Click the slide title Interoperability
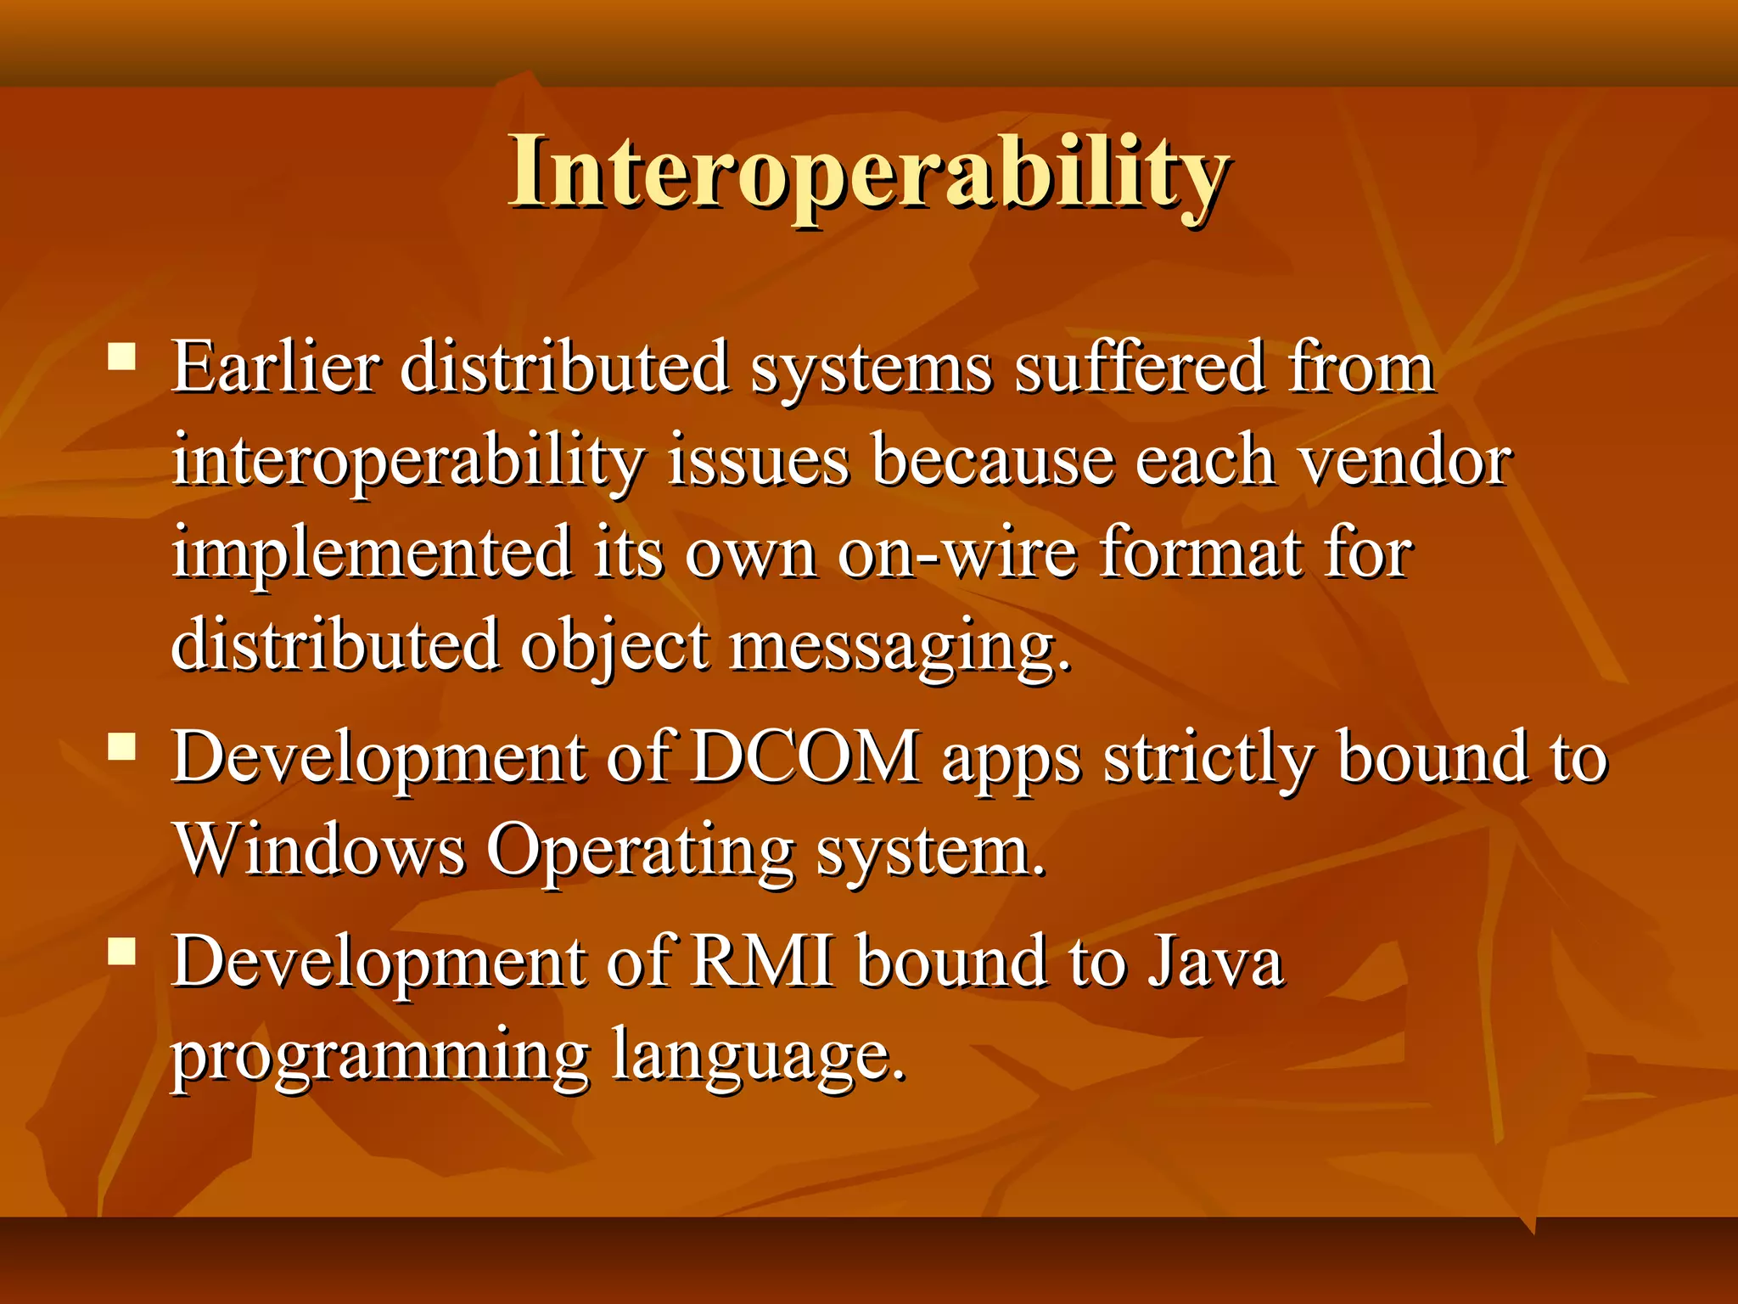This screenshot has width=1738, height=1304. pyautogui.click(x=869, y=174)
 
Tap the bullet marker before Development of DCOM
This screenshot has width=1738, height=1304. pyautogui.click(x=122, y=746)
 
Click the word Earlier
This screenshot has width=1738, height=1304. pyautogui.click(x=276, y=368)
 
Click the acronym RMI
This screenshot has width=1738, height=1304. pyautogui.click(x=762, y=961)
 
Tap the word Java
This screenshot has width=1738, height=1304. pyautogui.click(x=1215, y=961)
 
